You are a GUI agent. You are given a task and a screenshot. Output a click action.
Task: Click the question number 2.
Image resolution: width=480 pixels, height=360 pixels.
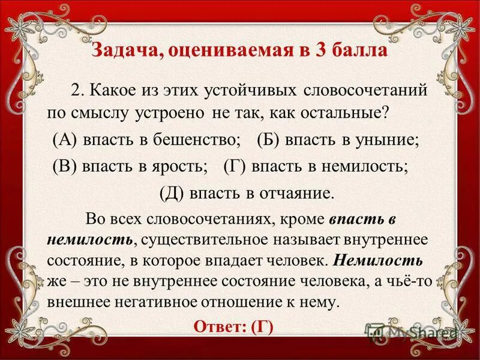[x=76, y=91]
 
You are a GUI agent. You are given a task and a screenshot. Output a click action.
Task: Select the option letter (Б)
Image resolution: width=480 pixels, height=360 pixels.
[x=268, y=140]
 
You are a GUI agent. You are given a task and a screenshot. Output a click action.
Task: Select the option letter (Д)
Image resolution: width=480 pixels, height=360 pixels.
[x=172, y=193]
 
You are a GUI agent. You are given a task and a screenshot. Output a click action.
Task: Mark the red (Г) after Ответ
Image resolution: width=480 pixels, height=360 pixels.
[x=262, y=327]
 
